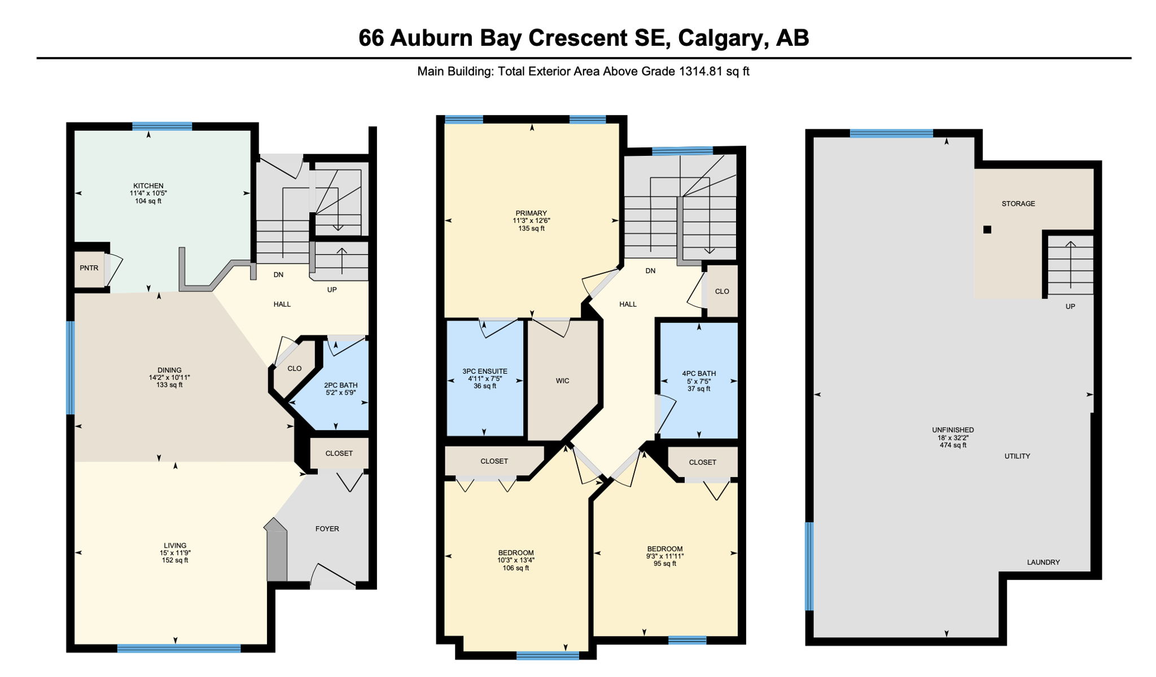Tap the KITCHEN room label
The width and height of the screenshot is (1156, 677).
click(148, 186)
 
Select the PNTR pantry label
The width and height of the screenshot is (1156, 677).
click(89, 268)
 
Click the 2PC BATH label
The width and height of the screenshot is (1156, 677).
click(341, 385)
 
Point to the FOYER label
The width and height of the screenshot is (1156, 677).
click(327, 529)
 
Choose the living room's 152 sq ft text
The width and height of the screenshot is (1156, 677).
click(175, 560)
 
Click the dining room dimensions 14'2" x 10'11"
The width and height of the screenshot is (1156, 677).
click(169, 378)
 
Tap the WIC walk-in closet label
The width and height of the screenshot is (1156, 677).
click(563, 381)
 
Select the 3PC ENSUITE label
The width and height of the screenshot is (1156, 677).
click(485, 372)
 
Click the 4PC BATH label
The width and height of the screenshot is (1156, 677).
click(699, 373)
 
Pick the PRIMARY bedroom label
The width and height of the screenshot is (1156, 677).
click(531, 213)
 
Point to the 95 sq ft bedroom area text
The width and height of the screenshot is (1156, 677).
click(665, 564)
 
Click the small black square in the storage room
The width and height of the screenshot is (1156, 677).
click(987, 230)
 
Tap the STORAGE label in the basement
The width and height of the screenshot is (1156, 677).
click(1018, 204)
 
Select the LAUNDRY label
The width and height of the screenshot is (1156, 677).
click(1043, 562)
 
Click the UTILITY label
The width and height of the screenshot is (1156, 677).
click(1017, 456)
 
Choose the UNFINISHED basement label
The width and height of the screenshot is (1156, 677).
click(953, 430)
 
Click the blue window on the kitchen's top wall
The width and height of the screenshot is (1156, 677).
click(162, 126)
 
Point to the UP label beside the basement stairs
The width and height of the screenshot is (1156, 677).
click(1070, 307)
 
